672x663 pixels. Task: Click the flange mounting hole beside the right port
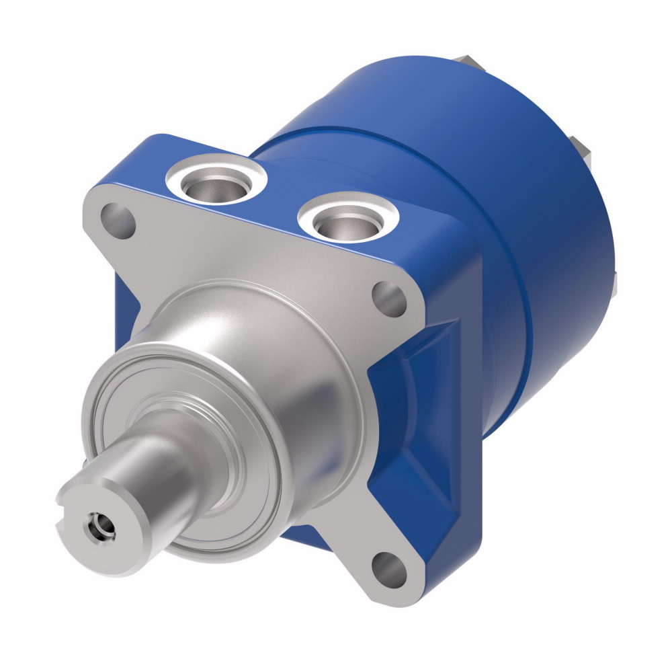(390, 298)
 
